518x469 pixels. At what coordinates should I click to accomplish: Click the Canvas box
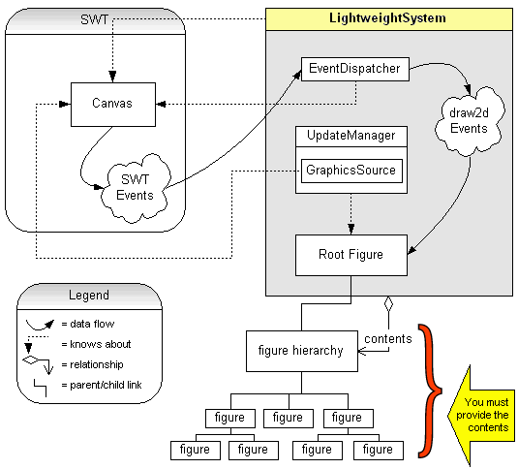click(x=111, y=103)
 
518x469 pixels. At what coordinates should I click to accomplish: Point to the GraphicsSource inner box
click(x=350, y=170)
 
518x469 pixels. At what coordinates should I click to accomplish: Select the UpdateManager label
click(x=350, y=136)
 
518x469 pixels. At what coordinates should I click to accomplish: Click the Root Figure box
click(x=350, y=256)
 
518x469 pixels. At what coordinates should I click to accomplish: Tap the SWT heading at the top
click(x=95, y=20)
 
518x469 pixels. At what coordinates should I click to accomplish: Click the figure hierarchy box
click(x=301, y=350)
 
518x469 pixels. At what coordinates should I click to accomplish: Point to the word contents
click(x=388, y=338)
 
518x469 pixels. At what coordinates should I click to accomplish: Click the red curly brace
click(x=427, y=388)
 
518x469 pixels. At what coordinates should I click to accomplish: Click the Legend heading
click(x=88, y=295)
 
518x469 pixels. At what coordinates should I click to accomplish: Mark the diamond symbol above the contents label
click(x=388, y=304)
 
